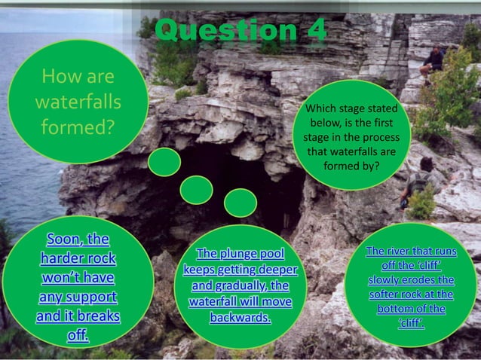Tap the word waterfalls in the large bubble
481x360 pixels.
[x=78, y=101]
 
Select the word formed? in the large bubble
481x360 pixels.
[x=78, y=126]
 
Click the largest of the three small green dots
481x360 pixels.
[x=164, y=162]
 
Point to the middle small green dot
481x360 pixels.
[x=196, y=190]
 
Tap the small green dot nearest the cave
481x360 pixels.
[x=240, y=203]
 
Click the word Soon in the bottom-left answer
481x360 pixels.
[x=67, y=240]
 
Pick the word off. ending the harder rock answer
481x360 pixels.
[x=78, y=334]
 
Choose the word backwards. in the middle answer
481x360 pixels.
[x=240, y=317]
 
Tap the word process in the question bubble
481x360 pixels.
[x=381, y=139]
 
